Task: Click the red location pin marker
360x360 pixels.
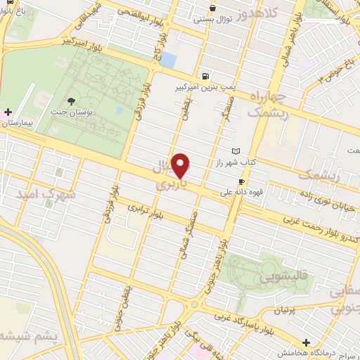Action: pyautogui.click(x=181, y=165)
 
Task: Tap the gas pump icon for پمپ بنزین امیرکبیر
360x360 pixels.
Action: pyautogui.click(x=205, y=77)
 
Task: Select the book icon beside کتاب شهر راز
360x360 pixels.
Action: pyautogui.click(x=235, y=151)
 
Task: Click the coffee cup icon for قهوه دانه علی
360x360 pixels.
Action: pyautogui.click(x=241, y=181)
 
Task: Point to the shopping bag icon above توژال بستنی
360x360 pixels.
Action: pyautogui.click(x=212, y=8)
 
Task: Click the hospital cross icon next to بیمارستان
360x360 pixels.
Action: pyautogui.click(x=8, y=112)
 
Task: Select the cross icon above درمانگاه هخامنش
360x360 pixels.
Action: pyautogui.click(x=307, y=342)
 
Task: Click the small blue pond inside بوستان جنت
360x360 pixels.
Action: pyautogui.click(x=120, y=110)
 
